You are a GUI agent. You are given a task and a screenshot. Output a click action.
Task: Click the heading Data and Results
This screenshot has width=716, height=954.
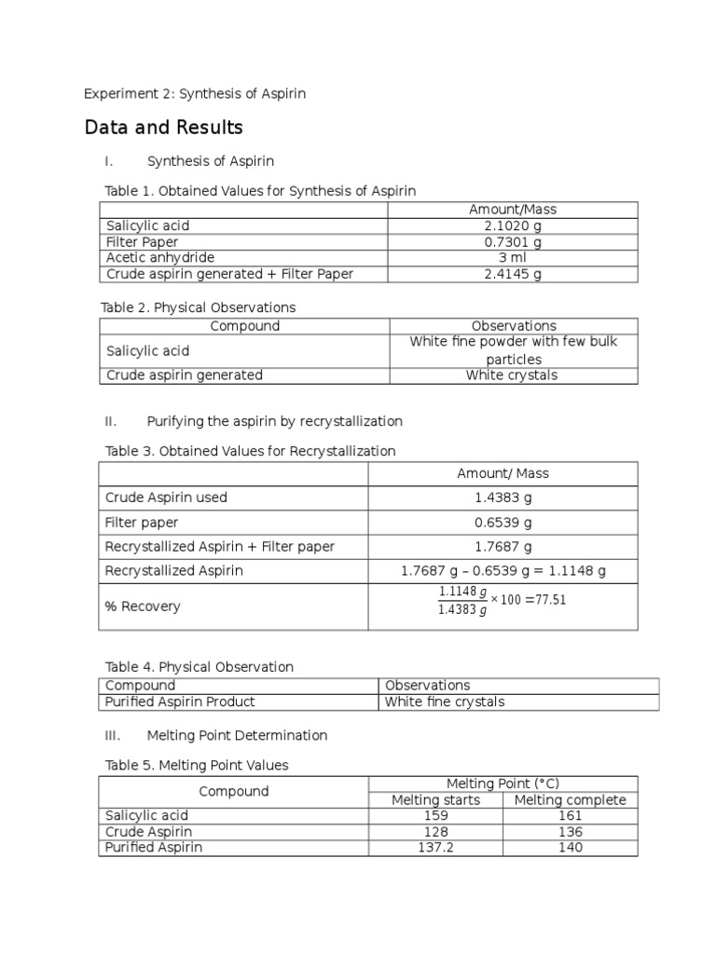coord(163,128)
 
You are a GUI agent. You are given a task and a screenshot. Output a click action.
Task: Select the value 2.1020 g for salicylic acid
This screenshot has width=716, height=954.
coord(513,225)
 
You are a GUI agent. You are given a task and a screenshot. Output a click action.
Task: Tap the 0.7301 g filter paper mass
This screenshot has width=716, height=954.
coord(513,242)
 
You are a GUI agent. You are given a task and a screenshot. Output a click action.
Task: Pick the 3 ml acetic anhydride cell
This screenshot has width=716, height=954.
coord(513,258)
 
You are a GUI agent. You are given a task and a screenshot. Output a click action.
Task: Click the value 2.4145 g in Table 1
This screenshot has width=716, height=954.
coord(513,274)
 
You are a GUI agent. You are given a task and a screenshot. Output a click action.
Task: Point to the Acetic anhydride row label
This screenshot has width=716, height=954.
coord(160,258)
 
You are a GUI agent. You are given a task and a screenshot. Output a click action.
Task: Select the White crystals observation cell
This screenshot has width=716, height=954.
coord(514,375)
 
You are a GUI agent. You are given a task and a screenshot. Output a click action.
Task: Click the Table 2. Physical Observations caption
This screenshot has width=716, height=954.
coord(198,307)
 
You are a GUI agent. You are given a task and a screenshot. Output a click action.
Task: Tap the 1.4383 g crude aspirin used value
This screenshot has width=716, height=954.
coord(503,497)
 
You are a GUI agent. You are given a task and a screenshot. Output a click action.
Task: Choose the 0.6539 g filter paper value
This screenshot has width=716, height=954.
coord(503,523)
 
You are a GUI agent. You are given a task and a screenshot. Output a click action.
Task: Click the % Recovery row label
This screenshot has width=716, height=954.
coord(143,606)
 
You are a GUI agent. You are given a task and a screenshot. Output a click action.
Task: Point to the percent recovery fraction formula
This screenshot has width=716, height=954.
coord(502,601)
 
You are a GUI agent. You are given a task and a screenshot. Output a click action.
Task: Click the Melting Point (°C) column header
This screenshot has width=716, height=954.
coord(503,784)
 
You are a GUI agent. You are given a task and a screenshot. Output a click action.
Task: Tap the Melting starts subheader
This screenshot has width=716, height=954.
coord(435,800)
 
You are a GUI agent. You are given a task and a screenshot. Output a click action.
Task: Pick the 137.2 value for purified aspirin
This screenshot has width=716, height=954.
coord(435,848)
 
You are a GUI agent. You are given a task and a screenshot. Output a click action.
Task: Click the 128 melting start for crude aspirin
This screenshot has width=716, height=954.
coord(435,832)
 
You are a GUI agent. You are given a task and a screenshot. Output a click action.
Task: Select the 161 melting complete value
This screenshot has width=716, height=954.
coord(570,816)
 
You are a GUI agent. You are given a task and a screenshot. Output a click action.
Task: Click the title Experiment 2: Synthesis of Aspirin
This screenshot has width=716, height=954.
coord(195,93)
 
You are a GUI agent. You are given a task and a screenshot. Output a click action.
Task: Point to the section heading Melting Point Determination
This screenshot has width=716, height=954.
coord(237,735)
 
